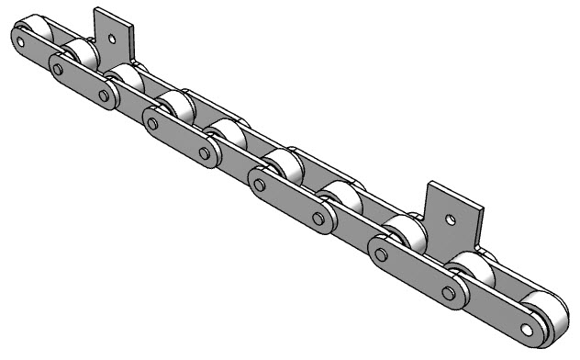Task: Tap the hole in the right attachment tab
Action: click(450, 219)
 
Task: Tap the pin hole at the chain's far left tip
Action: click(19, 39)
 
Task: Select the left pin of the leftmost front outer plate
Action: click(59, 69)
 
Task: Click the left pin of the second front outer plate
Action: click(152, 121)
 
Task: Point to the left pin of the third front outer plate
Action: click(260, 185)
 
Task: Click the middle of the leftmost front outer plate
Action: click(82, 82)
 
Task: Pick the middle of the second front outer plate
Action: click(178, 136)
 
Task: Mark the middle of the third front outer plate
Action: click(289, 203)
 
